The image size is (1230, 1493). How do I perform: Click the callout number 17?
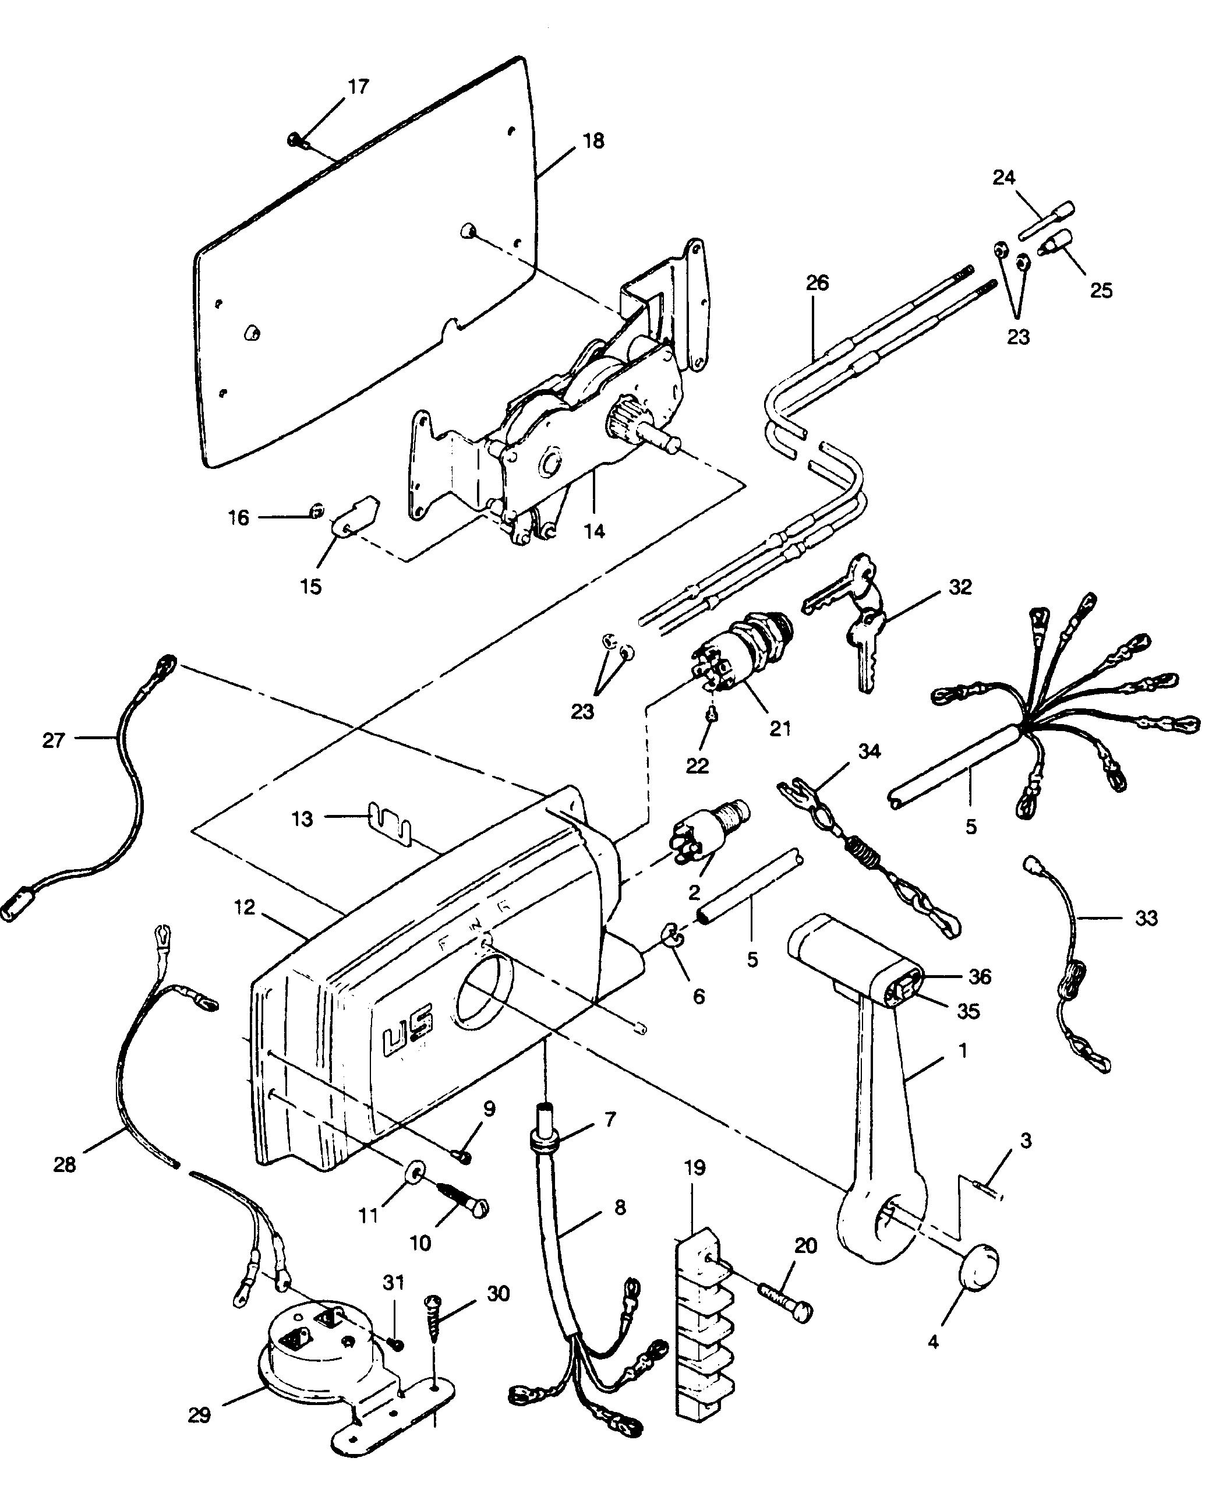(x=359, y=86)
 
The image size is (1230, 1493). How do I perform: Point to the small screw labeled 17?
(x=298, y=141)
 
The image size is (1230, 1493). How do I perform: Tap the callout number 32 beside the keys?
(x=960, y=587)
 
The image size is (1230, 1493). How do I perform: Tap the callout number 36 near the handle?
(x=980, y=976)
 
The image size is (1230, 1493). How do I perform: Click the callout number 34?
(x=870, y=751)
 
